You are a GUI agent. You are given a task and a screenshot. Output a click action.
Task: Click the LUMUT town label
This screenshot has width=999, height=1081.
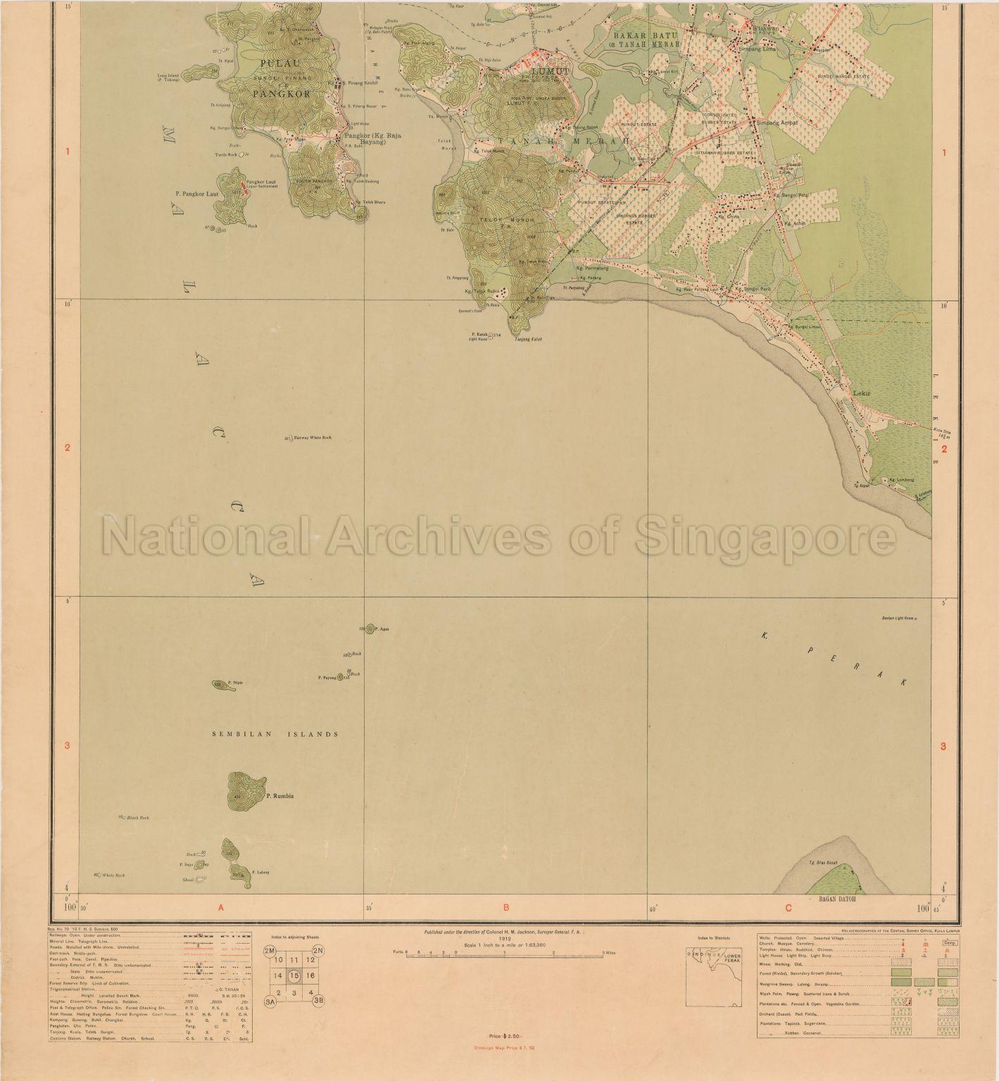(x=550, y=71)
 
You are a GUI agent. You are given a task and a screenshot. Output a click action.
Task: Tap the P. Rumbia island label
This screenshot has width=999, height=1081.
(x=279, y=796)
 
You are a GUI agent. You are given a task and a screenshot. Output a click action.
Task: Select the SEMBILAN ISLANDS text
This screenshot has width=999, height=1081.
(x=275, y=734)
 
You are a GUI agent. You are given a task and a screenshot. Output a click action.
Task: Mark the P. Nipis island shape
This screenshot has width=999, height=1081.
(x=220, y=684)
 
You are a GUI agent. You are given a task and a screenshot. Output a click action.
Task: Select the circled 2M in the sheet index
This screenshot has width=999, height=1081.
(x=270, y=950)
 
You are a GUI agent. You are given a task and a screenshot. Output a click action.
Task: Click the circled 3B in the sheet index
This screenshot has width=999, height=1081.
(x=318, y=1001)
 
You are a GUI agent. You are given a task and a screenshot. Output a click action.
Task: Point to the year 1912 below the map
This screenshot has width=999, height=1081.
(x=504, y=938)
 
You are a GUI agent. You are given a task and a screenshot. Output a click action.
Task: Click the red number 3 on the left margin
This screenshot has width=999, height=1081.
(x=68, y=747)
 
